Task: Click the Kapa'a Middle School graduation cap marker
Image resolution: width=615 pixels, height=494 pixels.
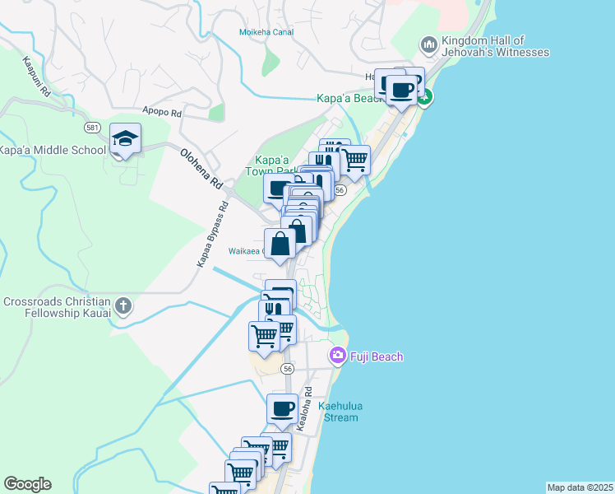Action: [x=126, y=139]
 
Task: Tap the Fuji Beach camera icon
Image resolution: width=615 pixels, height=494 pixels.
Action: [x=336, y=356]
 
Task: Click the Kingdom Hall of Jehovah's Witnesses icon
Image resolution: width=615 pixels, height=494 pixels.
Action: [x=428, y=44]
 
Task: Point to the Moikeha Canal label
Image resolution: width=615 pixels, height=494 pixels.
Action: [x=266, y=32]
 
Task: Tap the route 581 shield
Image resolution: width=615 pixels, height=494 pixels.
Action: [x=92, y=128]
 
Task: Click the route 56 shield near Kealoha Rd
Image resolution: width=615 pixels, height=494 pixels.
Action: [x=287, y=369]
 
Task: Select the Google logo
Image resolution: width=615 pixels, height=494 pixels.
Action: [x=27, y=484]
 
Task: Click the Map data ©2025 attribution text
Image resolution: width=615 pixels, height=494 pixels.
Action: [x=580, y=487]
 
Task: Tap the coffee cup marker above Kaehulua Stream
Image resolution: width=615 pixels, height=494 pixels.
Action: [x=282, y=408]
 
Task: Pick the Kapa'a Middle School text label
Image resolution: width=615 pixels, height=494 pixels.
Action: [x=53, y=150]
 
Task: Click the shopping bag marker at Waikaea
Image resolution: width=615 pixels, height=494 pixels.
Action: [x=280, y=244]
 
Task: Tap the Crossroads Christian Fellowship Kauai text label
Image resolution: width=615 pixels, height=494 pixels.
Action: [x=55, y=308]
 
